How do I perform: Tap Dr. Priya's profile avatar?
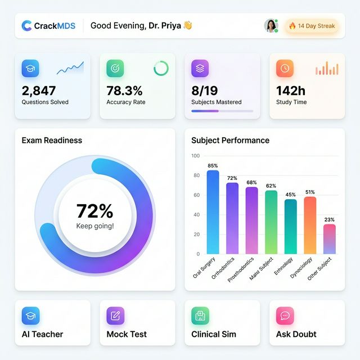point(271,26)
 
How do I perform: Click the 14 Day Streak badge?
point(312,26)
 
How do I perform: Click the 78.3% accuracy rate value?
point(124,90)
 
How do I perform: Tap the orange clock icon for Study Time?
point(285,68)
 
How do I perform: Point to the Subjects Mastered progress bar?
point(222,111)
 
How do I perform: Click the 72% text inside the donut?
point(94,211)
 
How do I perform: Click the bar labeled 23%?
point(330,239)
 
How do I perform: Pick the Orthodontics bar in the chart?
point(232,218)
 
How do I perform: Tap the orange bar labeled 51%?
point(310,225)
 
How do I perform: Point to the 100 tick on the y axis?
point(195,156)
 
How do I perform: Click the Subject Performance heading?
point(230,141)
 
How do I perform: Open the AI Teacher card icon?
point(30,316)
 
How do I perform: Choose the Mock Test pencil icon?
point(115,316)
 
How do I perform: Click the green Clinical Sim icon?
point(200,316)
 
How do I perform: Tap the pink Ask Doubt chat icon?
point(285,316)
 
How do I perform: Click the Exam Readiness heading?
point(52,141)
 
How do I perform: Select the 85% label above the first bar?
point(213,166)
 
